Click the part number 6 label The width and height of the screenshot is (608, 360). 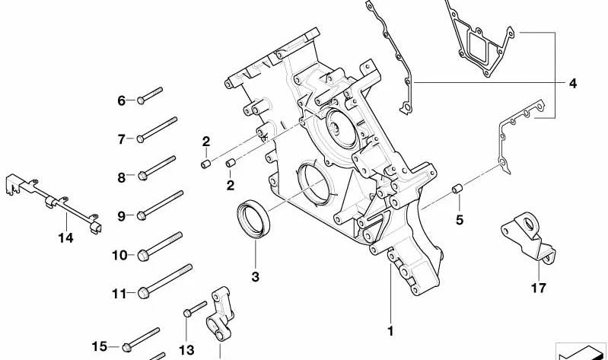click(x=121, y=100)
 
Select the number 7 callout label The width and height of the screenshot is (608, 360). click(x=121, y=139)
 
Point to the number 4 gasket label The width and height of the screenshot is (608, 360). click(x=572, y=82)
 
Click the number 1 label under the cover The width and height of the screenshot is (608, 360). click(x=390, y=331)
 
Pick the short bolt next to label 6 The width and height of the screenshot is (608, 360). click(x=151, y=96)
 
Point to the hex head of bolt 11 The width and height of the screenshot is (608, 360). click(x=142, y=292)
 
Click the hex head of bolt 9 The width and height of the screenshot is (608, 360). click(x=142, y=216)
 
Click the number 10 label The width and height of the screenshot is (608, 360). click(x=119, y=255)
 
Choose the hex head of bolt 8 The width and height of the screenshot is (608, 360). click(x=142, y=177)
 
